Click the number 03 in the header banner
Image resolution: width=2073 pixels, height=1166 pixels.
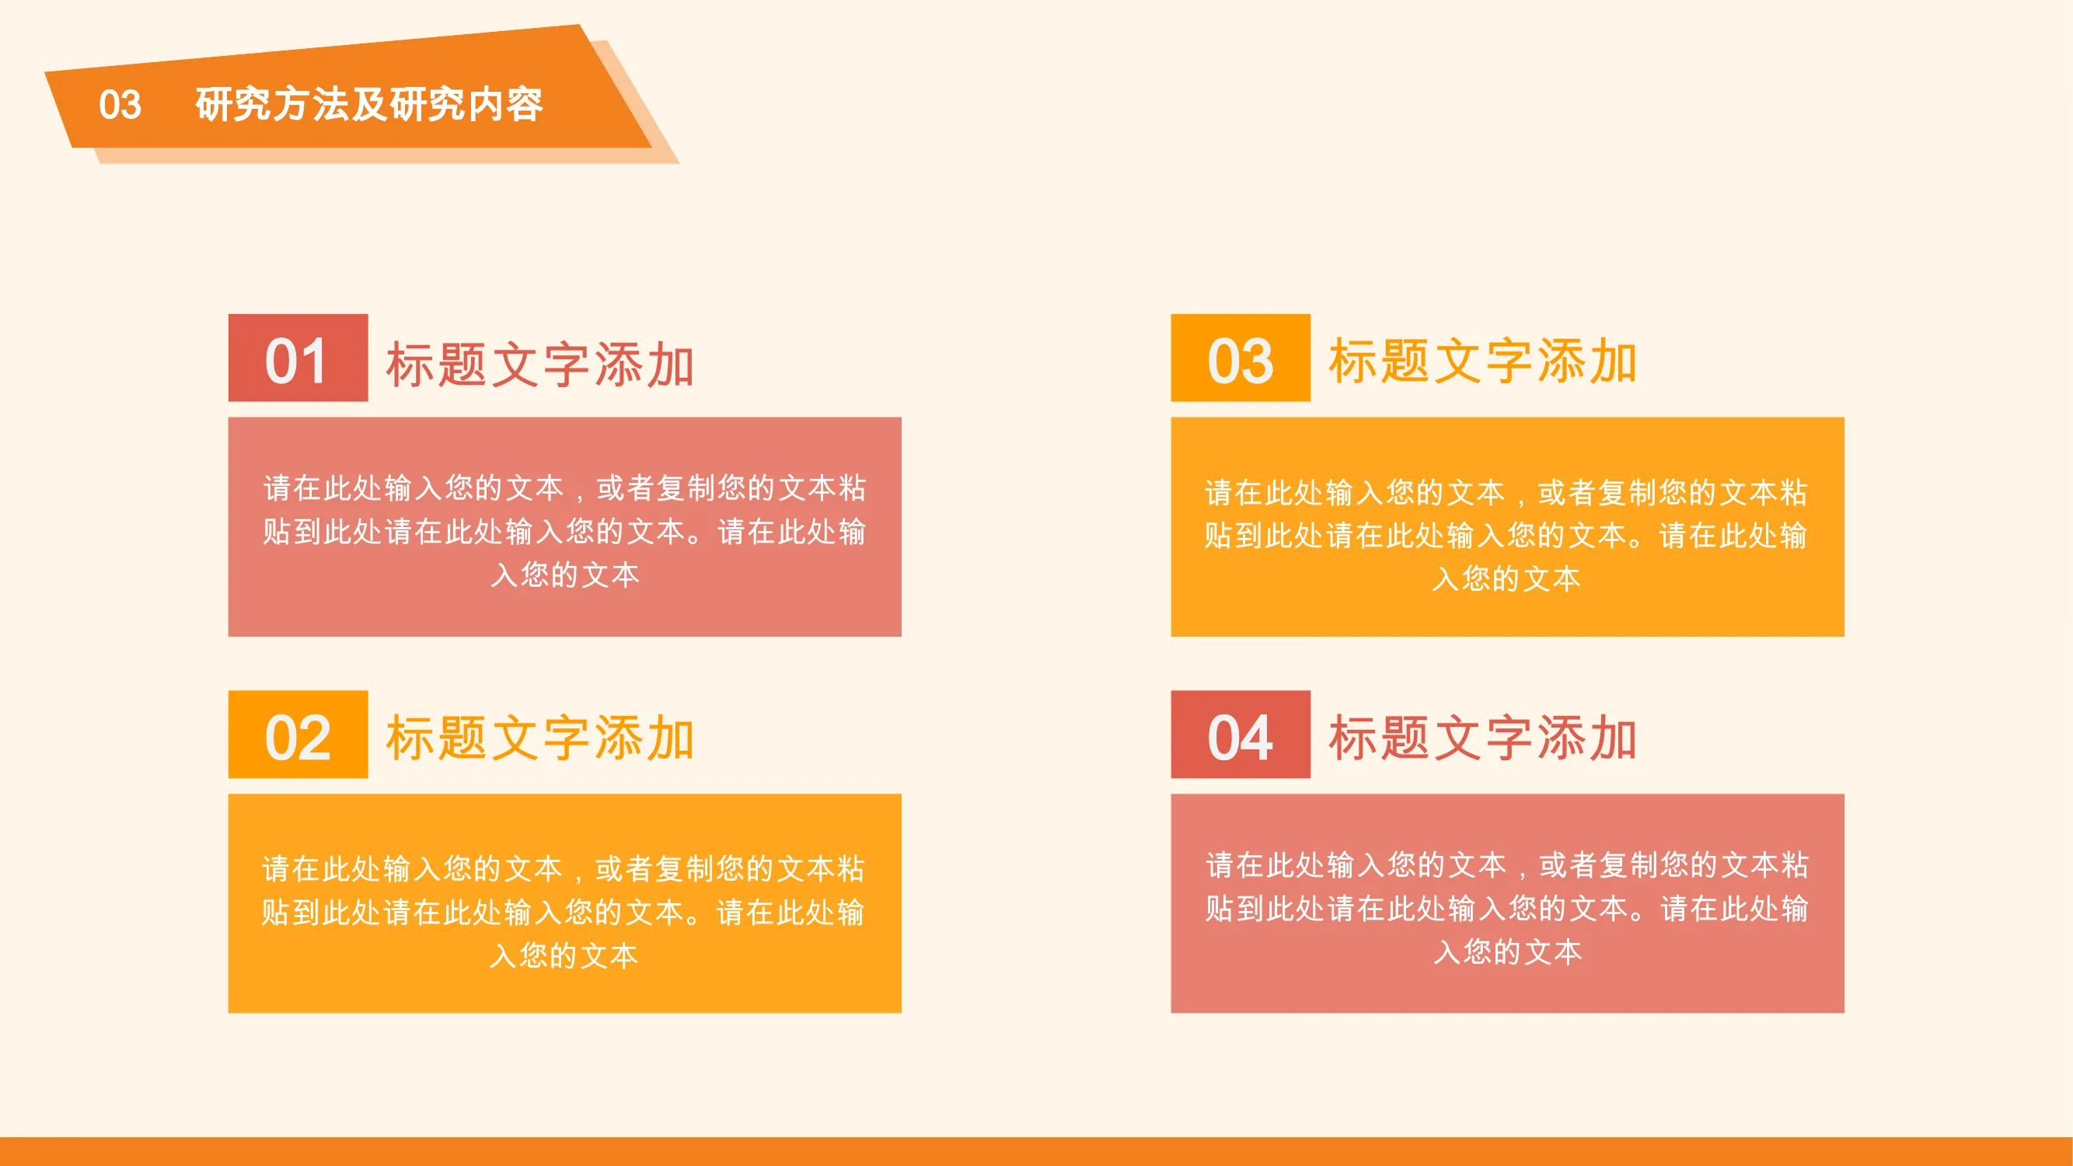[120, 105]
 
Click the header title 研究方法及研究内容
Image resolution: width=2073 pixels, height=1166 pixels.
[369, 105]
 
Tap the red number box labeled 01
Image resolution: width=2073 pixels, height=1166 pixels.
[298, 358]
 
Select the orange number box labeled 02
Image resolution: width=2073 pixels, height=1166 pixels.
[298, 734]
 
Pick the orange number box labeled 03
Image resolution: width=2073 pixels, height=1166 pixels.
[1240, 358]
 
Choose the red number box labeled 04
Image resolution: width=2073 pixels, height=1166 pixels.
[1240, 734]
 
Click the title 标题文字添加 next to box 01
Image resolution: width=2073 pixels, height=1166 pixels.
[540, 365]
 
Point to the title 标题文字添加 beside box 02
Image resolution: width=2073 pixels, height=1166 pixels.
[540, 738]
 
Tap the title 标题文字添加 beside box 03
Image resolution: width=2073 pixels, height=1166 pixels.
[1482, 361]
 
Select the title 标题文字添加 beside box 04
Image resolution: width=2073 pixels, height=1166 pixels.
[1482, 738]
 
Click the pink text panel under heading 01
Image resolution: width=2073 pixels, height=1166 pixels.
[565, 526]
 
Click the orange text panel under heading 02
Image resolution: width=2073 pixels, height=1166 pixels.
[565, 902]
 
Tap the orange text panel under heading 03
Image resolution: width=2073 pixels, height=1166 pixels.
[1507, 526]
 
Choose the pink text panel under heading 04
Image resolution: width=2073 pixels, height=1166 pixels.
[1507, 902]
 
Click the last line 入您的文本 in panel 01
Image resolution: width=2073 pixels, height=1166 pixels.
[565, 574]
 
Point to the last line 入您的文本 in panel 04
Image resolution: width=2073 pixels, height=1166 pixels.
[1507, 951]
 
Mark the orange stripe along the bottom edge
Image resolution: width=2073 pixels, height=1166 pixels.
[1037, 1151]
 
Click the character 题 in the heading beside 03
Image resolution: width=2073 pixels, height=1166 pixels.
[1405, 361]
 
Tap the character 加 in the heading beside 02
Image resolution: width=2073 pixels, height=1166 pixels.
[669, 738]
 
